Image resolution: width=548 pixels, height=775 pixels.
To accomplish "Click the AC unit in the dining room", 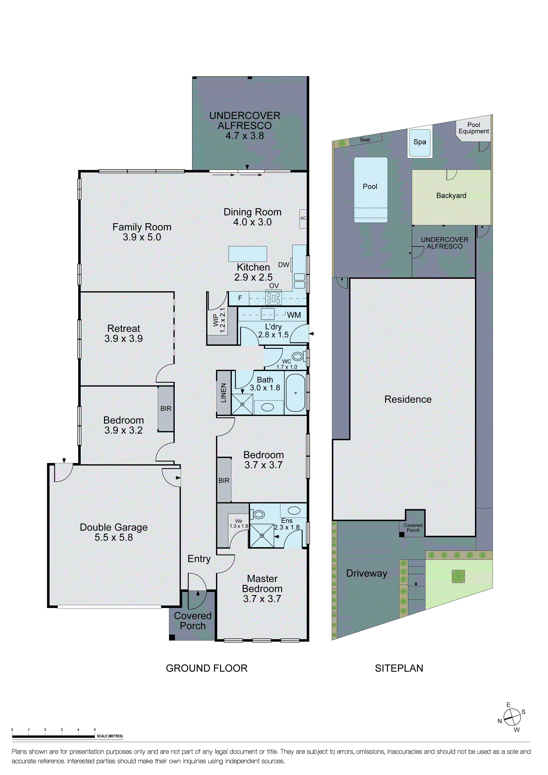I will tap(303, 218).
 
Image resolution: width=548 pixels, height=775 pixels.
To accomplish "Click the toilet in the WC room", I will tap(297, 356).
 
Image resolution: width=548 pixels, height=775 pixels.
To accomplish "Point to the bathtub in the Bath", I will tap(295, 393).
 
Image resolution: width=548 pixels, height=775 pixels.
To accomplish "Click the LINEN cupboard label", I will tap(224, 393).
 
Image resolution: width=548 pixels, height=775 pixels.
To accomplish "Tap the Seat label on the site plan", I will tap(365, 140).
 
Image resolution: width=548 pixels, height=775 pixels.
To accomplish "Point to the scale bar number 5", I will tap(95, 730).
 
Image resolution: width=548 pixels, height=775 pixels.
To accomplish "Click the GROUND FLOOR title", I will tap(207, 668).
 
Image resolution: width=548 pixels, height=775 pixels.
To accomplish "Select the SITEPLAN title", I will tap(399, 668).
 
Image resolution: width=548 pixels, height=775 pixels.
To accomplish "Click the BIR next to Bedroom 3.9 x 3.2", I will tap(166, 409).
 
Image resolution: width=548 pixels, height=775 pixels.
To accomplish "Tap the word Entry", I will tap(199, 559).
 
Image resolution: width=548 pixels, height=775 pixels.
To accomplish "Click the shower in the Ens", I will tap(262, 536).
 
